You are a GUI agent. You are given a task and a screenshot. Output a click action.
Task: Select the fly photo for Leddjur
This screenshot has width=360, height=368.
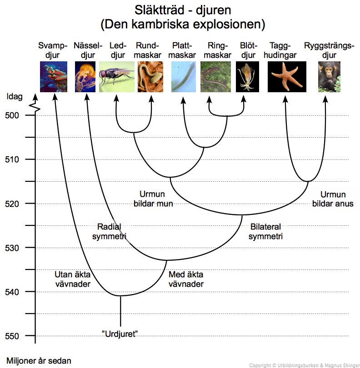coord(116,77)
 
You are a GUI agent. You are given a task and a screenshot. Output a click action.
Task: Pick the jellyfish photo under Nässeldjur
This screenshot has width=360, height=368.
coord(85,77)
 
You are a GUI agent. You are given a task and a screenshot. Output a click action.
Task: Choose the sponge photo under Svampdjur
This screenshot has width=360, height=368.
coord(54,77)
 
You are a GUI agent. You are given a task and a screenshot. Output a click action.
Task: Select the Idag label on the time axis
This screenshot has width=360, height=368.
coord(15,96)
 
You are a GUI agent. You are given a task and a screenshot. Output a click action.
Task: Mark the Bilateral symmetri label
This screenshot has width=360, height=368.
coord(266,231)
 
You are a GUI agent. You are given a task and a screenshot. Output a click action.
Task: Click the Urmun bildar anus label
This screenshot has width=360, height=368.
coord(333,199)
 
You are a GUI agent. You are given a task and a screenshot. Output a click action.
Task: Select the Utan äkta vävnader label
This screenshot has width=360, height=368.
coord(73,279)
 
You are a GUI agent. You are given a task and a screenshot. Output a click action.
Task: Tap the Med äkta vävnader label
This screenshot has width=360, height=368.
coord(186,279)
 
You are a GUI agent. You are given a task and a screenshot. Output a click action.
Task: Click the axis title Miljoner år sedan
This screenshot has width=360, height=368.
coord(39,361)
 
